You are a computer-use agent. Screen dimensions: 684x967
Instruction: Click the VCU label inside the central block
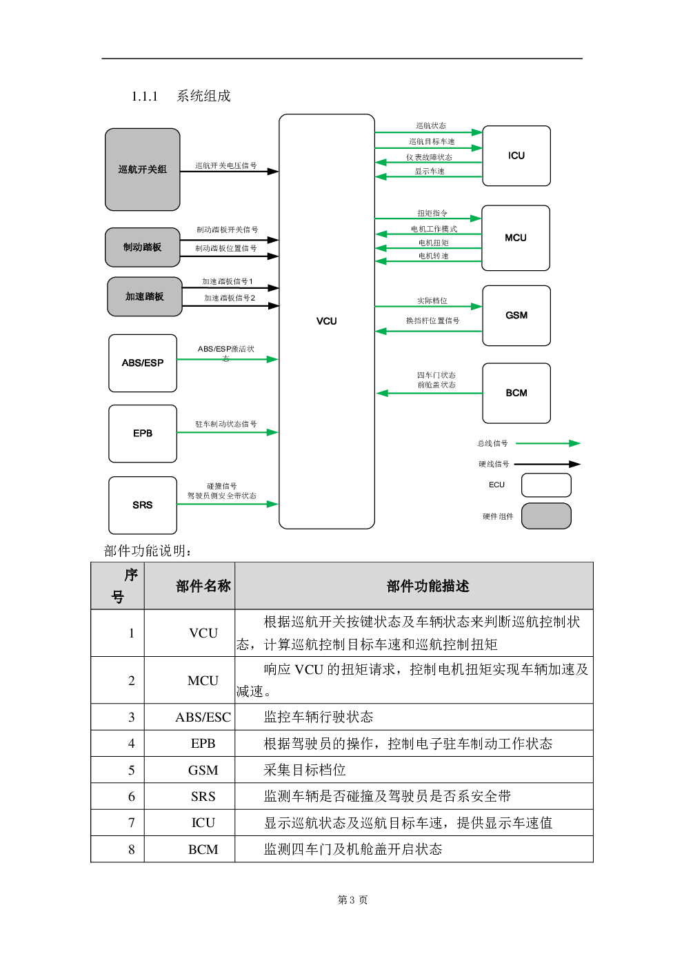pos(326,321)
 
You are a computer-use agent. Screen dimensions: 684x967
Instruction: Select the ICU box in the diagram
pos(516,156)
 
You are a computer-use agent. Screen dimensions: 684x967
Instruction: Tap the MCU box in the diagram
pos(516,238)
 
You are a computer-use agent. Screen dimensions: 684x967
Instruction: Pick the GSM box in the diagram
pos(516,316)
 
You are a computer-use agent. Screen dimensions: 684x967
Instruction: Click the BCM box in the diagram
pos(516,394)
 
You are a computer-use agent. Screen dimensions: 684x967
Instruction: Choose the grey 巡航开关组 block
pos(143,170)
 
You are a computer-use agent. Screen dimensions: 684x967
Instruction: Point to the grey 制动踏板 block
pos(143,247)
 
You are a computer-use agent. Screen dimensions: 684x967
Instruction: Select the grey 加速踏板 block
pos(145,296)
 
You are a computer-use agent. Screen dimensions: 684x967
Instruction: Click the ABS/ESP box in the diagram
pos(143,363)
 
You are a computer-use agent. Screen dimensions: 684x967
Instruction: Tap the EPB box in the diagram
pos(143,434)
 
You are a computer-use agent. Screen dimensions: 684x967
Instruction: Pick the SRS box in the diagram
pos(143,505)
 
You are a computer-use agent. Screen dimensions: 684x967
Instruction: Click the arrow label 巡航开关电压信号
pos(226,165)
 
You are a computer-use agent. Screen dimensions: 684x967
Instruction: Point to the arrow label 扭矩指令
pos(432,213)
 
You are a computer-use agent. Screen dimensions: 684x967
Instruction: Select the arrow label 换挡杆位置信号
pos(432,320)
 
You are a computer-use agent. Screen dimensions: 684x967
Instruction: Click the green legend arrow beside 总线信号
pos(548,443)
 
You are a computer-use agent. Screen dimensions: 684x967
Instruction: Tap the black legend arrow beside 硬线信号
pos(547,464)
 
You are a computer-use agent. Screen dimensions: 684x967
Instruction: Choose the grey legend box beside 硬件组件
pos(546,516)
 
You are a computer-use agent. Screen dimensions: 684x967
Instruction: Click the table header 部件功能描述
pos(428,587)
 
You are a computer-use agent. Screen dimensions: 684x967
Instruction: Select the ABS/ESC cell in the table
pos(203,717)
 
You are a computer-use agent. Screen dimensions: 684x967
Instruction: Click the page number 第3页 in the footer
pos(352,899)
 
